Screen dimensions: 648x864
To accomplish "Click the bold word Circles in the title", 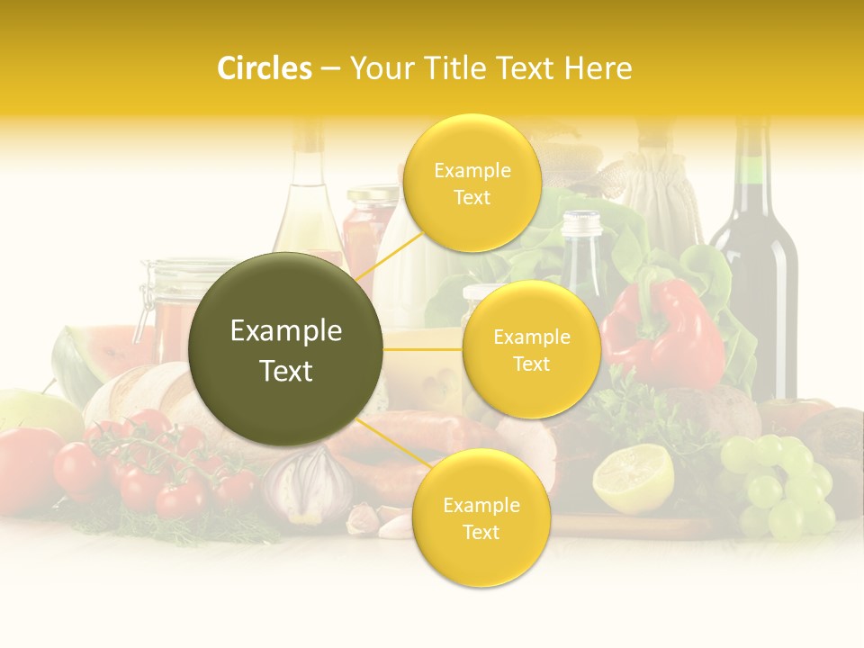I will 265,68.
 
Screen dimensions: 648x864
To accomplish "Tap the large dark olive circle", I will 285,349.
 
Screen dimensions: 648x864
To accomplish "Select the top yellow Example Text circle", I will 472,183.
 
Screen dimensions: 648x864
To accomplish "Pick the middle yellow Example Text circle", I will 531,349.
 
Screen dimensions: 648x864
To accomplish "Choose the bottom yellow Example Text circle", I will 481,517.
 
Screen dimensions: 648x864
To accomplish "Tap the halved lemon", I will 633,477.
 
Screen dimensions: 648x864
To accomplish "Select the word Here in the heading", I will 598,68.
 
